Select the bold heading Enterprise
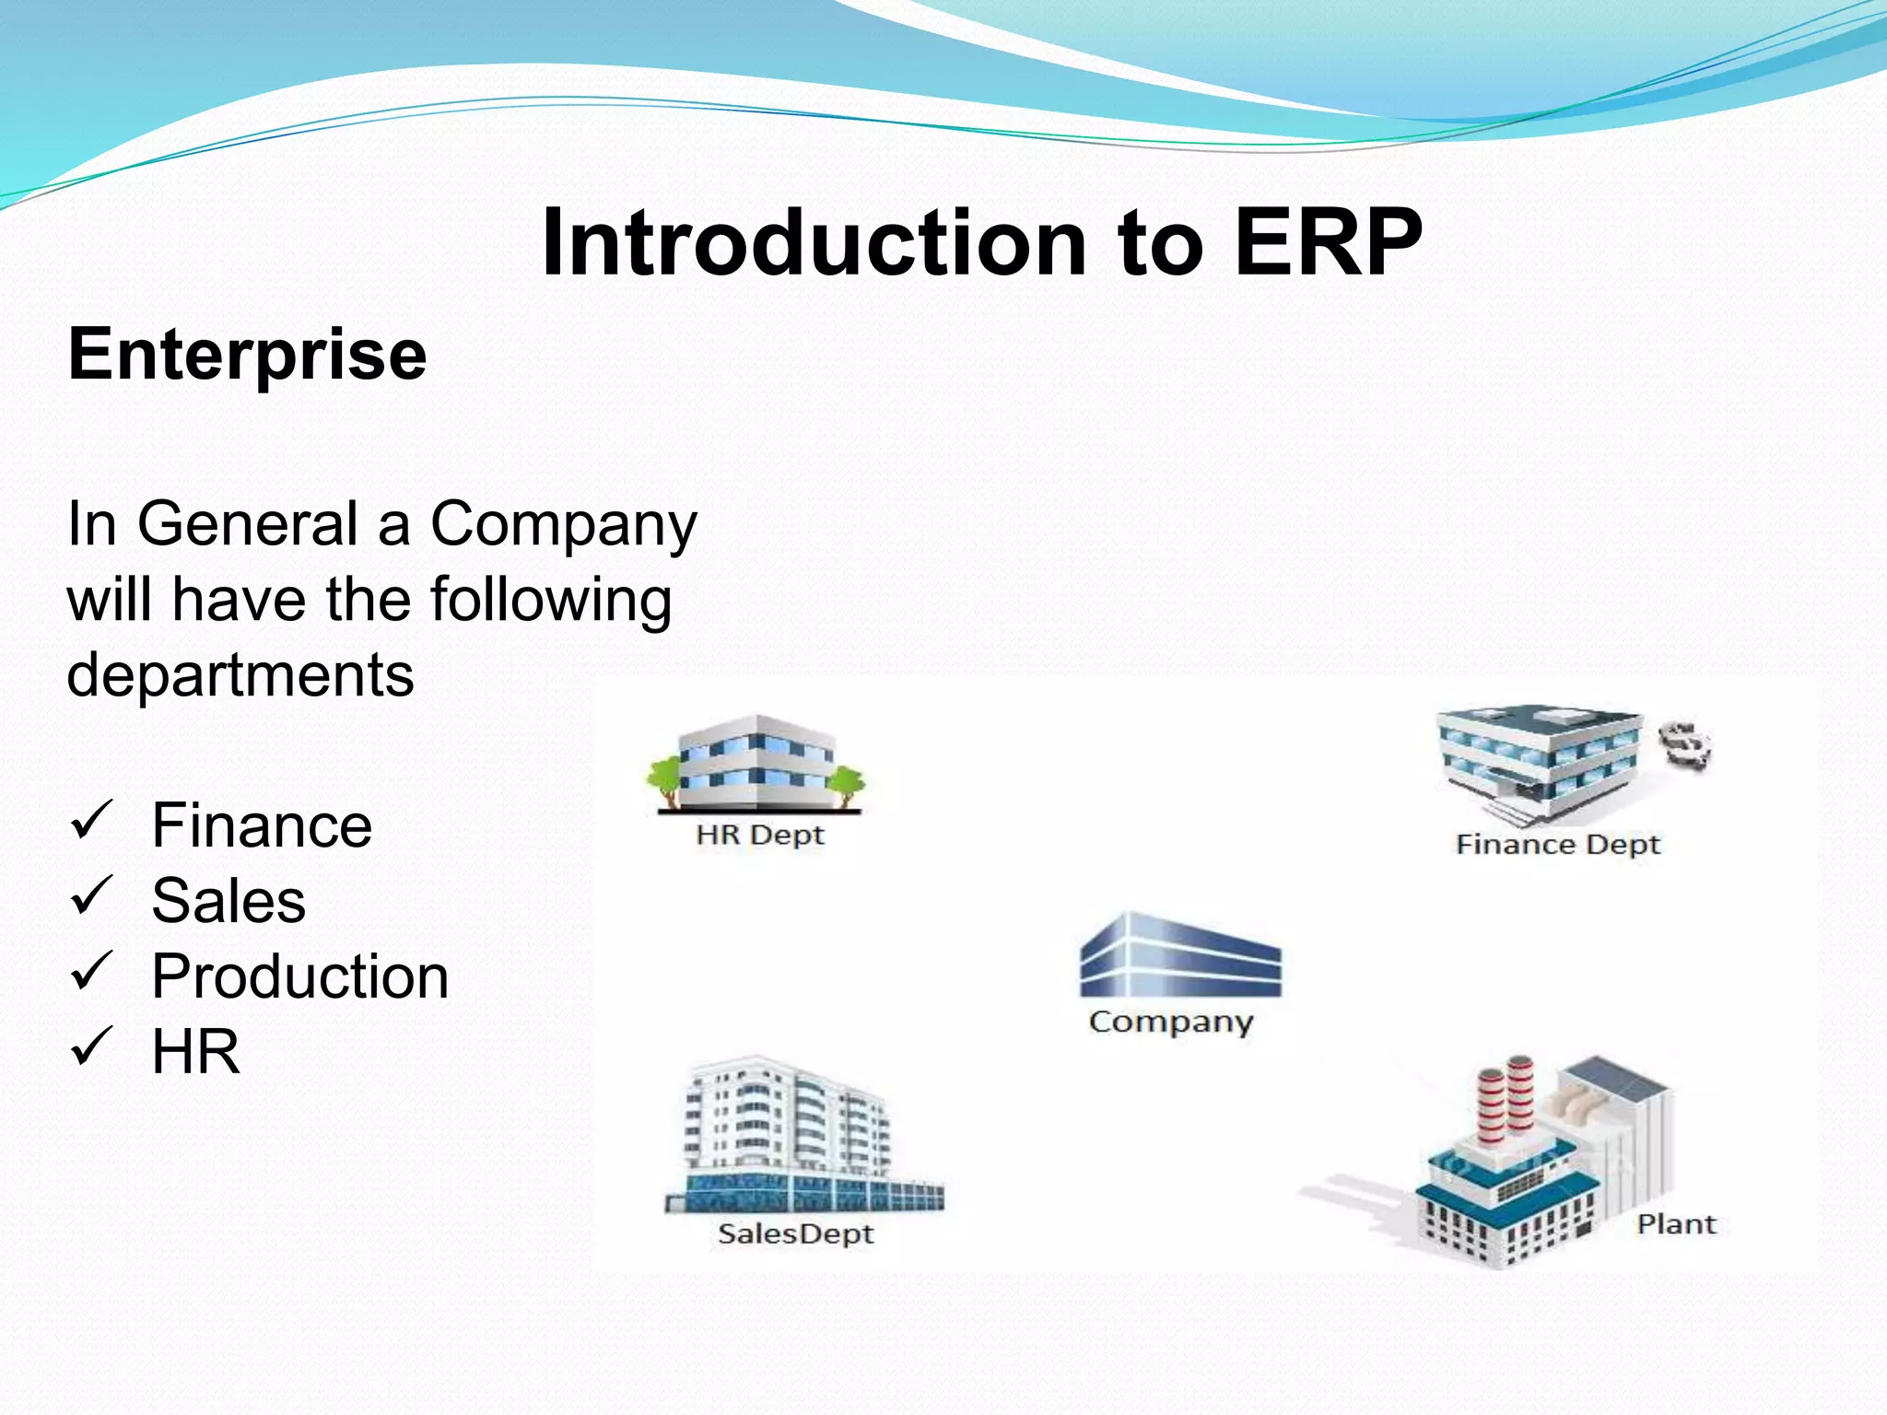[247, 354]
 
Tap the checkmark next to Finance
[92, 820]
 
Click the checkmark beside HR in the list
[92, 1047]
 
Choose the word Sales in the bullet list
[229, 900]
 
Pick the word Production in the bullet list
[300, 976]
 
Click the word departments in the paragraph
[240, 674]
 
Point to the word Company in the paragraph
[564, 525]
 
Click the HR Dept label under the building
[760, 836]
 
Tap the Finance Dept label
[1557, 845]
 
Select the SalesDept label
[795, 1234]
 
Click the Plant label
[1676, 1224]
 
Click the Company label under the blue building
[1171, 1022]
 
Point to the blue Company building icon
[1180, 958]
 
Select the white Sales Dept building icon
[792, 1138]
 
